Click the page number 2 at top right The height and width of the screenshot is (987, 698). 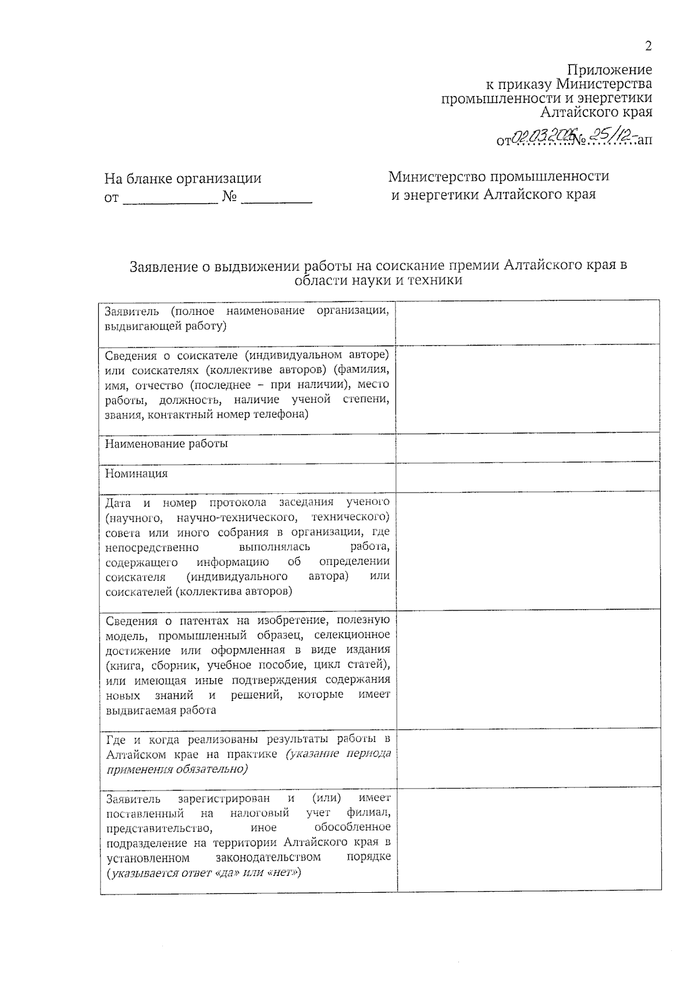point(648,47)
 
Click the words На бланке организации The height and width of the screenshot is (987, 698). point(183,179)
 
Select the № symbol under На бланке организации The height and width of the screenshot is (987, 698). point(230,198)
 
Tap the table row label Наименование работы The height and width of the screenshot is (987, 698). point(166,444)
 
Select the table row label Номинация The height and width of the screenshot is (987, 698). point(136,473)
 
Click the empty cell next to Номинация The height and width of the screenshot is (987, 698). point(528,476)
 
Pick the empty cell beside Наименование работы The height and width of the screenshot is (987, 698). point(528,447)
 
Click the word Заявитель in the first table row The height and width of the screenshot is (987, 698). point(131,311)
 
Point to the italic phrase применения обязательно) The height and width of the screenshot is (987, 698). point(177,769)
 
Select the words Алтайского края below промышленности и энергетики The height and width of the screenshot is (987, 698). point(596,112)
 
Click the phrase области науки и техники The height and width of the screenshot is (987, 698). point(378,280)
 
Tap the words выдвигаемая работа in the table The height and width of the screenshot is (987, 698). point(161,710)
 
